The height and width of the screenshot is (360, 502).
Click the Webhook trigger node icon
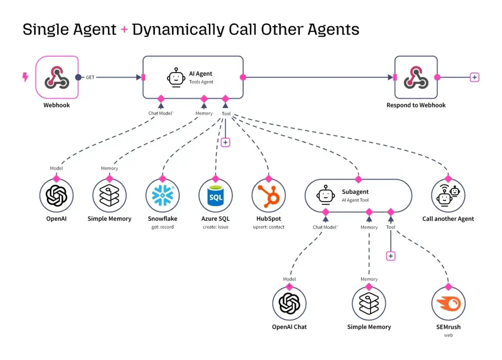pyautogui.click(x=57, y=78)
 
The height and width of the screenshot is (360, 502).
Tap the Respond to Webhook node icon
pyautogui.click(x=416, y=78)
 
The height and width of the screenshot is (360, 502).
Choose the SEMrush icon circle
pyautogui.click(x=448, y=304)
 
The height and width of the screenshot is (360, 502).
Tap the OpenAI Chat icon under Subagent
pyautogui.click(x=290, y=304)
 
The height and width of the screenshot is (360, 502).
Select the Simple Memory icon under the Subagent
pyautogui.click(x=369, y=304)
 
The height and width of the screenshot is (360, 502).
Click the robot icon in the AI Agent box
pyautogui.click(x=176, y=78)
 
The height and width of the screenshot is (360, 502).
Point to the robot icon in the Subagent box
pyautogui.click(x=326, y=195)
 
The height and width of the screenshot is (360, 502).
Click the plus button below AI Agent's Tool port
pyautogui.click(x=225, y=143)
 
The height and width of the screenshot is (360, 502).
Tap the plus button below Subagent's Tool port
pyautogui.click(x=391, y=256)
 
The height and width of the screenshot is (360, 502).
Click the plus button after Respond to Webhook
pyautogui.click(x=474, y=78)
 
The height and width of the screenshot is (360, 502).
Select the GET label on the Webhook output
pyautogui.click(x=90, y=78)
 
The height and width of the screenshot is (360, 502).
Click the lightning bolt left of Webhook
pyautogui.click(x=25, y=77)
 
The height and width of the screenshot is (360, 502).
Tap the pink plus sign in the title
pyautogui.click(x=124, y=29)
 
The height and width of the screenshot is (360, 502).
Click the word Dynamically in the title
pyautogui.click(x=178, y=29)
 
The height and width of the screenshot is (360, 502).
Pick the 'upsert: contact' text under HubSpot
pyautogui.click(x=269, y=227)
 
